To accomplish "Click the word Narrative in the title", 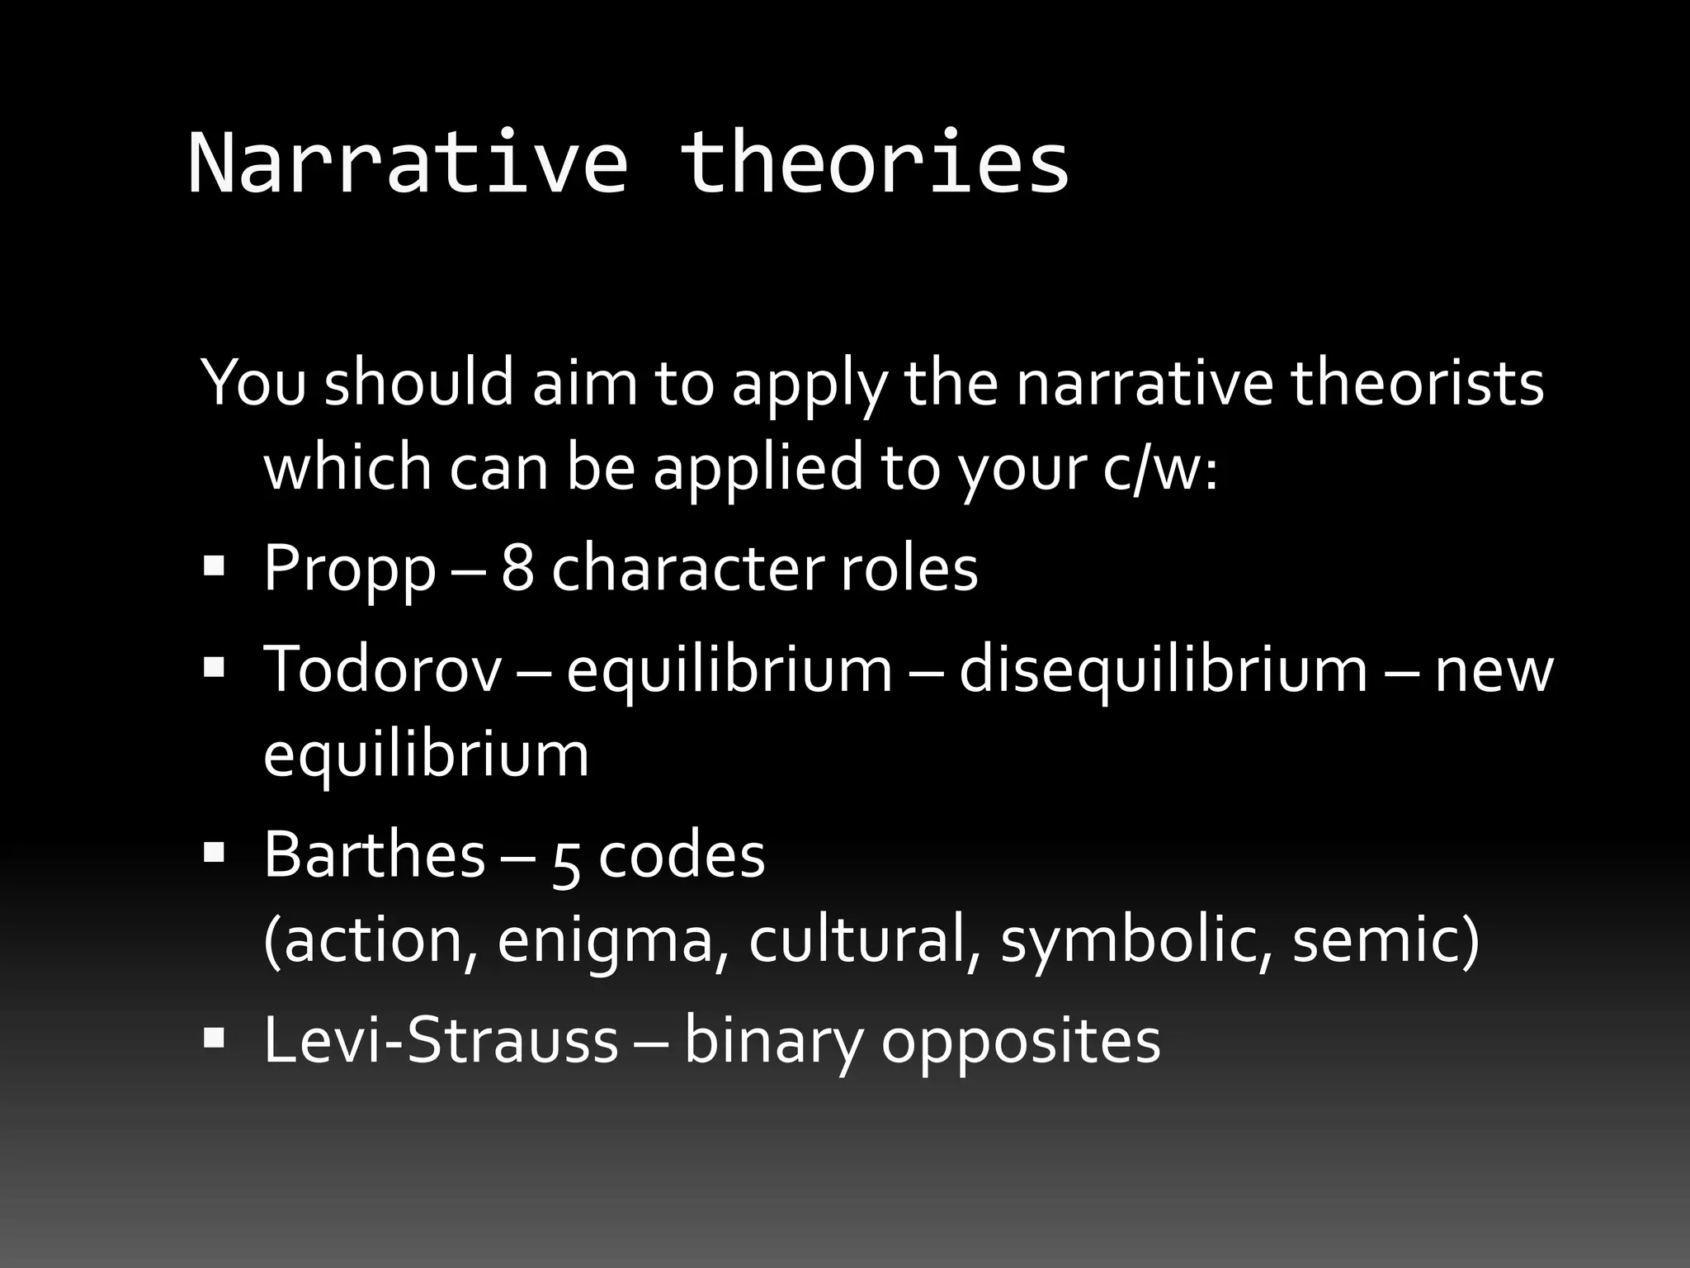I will tap(408, 163).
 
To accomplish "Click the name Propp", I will tap(349, 570).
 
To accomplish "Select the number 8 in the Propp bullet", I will tap(517, 570).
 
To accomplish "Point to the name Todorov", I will tap(382, 669).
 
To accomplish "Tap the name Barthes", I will tap(374, 855).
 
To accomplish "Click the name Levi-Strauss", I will tap(441, 1040).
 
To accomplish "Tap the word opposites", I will tap(1021, 1042).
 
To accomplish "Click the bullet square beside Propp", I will tap(214, 565).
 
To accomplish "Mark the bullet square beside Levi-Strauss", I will tap(214, 1037).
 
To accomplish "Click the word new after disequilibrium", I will tap(1494, 669).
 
